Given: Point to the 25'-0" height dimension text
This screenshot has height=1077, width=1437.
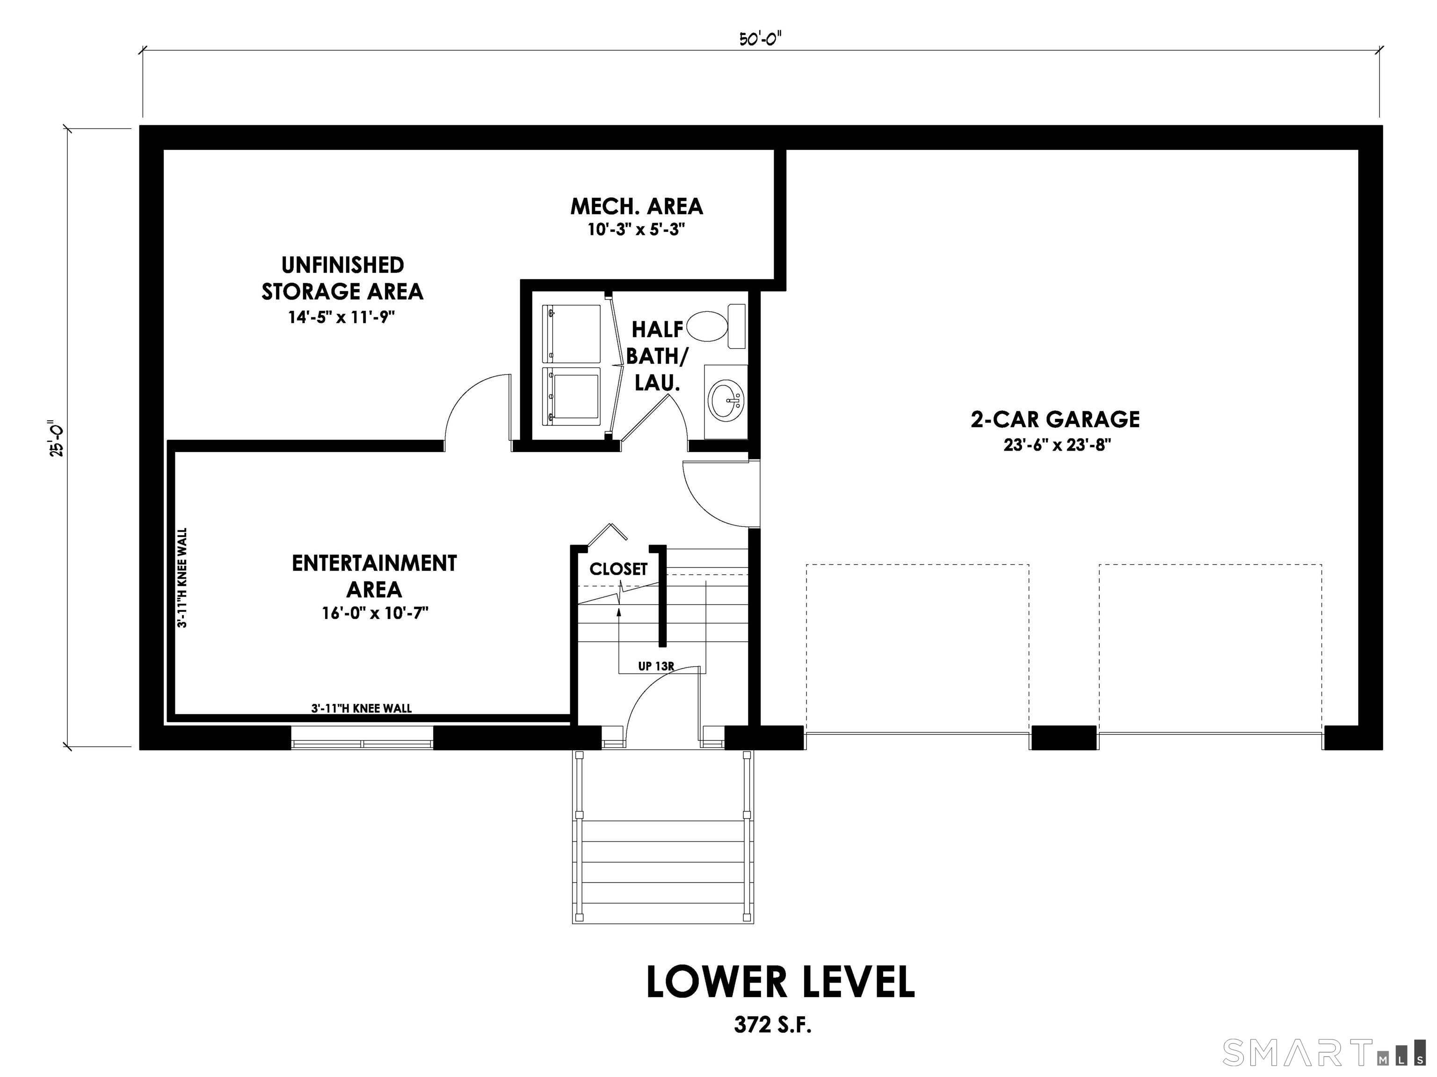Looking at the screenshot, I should (x=57, y=439).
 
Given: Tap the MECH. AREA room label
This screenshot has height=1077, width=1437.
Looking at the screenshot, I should (x=637, y=207).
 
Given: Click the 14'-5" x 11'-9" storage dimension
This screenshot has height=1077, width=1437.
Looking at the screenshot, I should (x=342, y=317).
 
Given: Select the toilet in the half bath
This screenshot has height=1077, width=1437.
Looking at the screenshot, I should (x=710, y=326).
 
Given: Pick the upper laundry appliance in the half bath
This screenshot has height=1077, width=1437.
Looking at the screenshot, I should (x=572, y=333).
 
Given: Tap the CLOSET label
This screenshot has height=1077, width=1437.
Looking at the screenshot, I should (x=618, y=569).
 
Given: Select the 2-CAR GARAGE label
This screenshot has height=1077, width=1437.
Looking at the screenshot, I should (x=1054, y=419).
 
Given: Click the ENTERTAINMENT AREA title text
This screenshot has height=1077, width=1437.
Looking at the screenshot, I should (x=374, y=576).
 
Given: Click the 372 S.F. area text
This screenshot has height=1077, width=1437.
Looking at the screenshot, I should (x=773, y=1025).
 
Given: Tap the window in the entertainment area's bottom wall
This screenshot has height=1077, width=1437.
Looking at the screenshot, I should (x=362, y=738).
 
